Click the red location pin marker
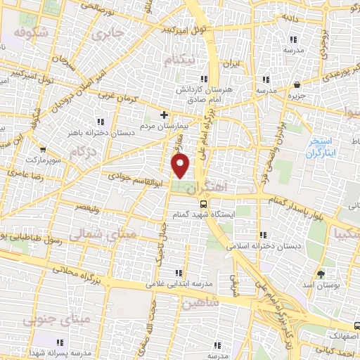click(x=181, y=166)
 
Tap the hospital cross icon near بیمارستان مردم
click(x=164, y=114)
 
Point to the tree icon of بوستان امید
click(x=322, y=274)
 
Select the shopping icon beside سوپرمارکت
click(x=44, y=149)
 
